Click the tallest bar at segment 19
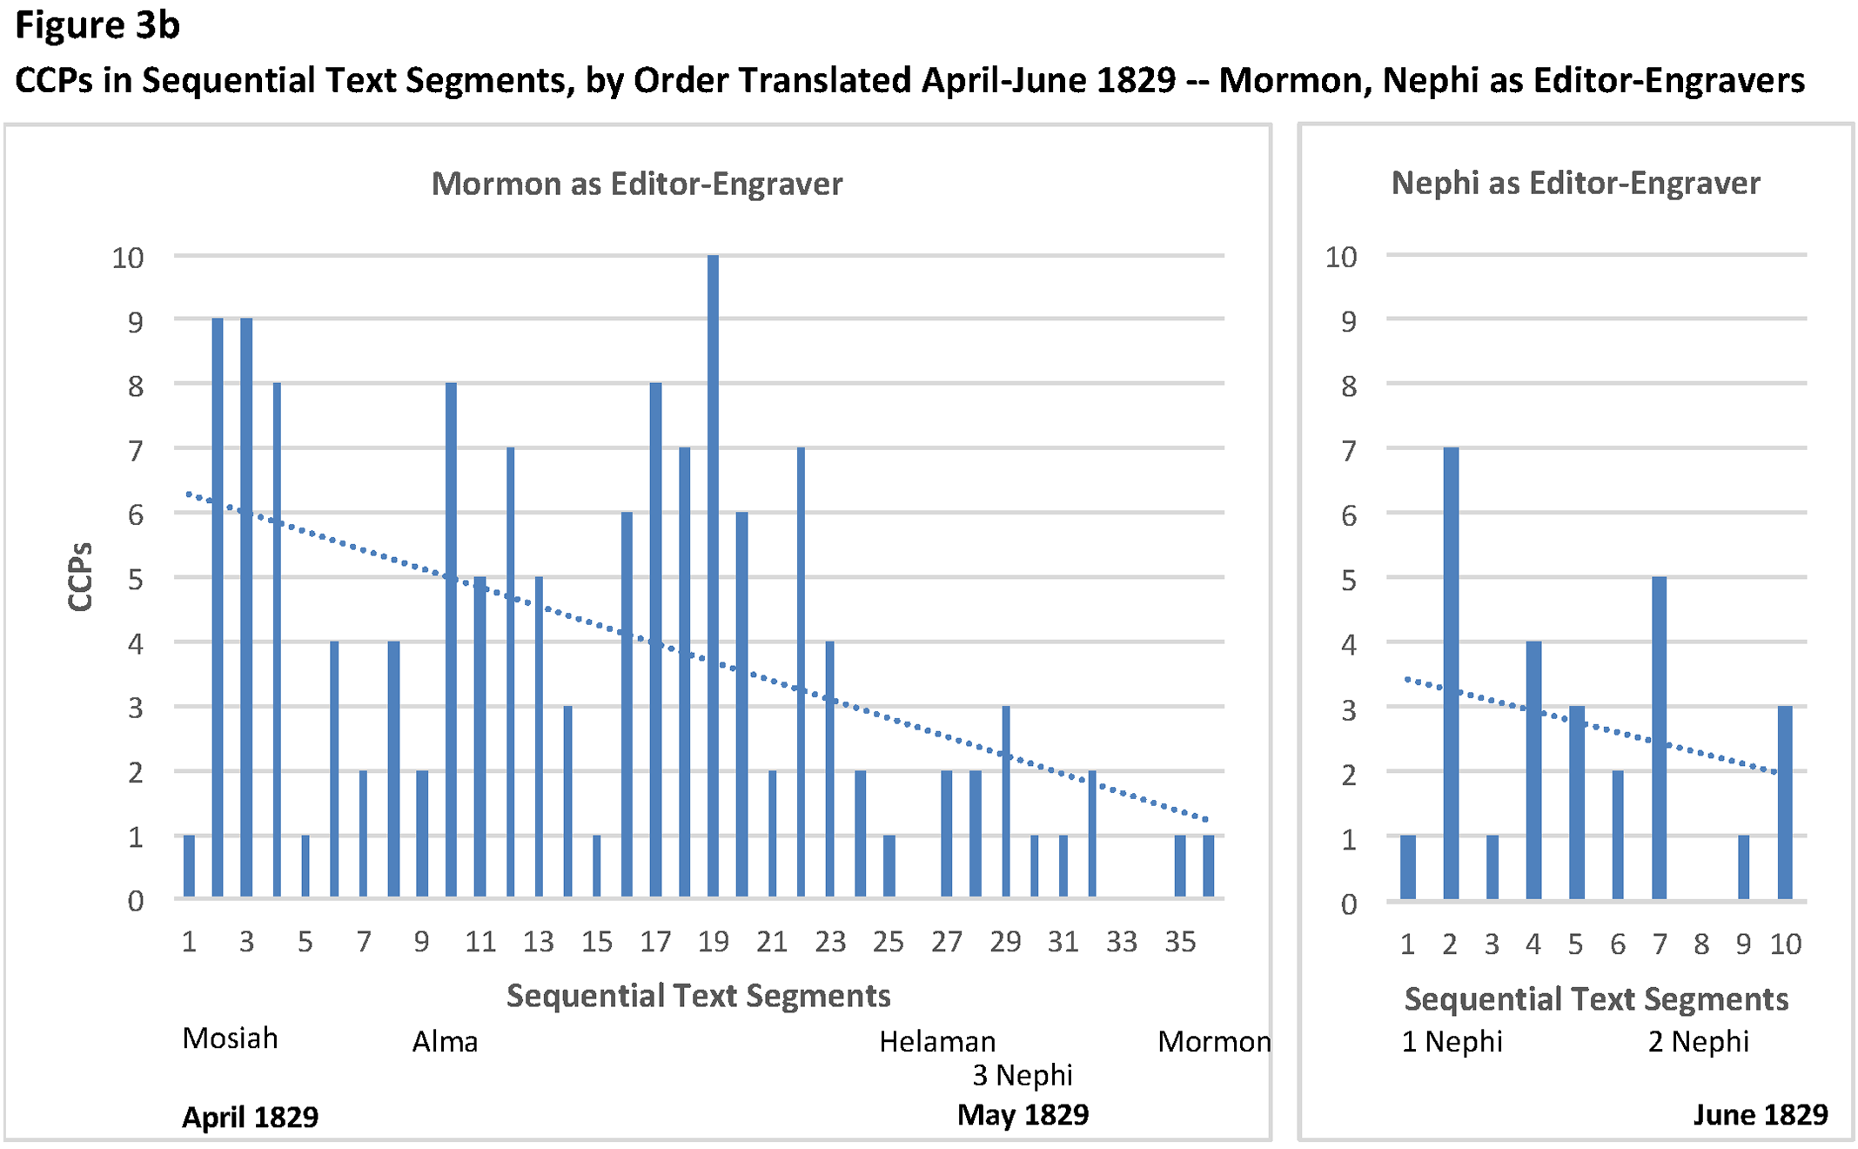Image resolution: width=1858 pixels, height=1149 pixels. click(713, 574)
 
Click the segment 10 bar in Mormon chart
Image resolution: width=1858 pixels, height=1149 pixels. click(451, 639)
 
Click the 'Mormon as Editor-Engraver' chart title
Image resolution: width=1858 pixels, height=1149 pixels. click(637, 184)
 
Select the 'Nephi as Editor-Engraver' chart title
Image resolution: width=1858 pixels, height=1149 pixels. click(1575, 183)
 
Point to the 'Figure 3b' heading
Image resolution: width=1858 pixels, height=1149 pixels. click(97, 25)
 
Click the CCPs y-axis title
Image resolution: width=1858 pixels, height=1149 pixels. click(80, 576)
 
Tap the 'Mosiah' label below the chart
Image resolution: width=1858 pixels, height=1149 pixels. click(230, 1038)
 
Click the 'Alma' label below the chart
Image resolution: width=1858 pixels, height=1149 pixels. click(445, 1042)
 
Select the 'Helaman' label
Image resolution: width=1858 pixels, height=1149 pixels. click(937, 1042)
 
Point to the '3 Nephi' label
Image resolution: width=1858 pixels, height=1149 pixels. click(1023, 1076)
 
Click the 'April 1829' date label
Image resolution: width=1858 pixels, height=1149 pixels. click(250, 1117)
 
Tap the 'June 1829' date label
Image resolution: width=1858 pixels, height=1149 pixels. click(1761, 1115)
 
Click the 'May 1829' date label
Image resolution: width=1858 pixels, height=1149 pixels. click(1023, 1115)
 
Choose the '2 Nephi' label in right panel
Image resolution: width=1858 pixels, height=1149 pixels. click(1698, 1042)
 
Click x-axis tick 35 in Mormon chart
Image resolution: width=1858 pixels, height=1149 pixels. click(1179, 942)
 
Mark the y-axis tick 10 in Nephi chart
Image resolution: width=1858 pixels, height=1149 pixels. click(1340, 257)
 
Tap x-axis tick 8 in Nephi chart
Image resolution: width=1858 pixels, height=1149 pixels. click(1701, 944)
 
